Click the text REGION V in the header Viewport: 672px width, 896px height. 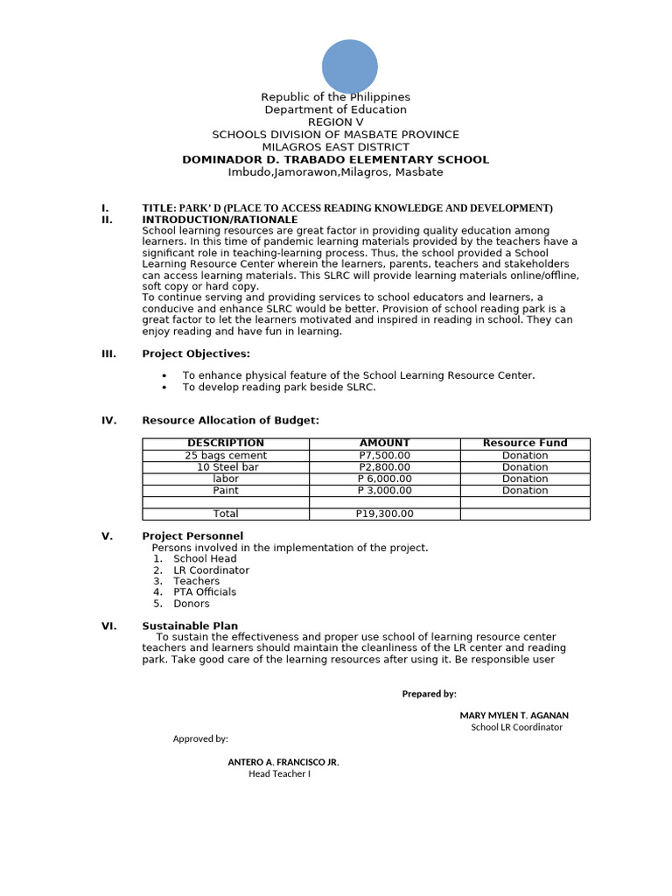[x=335, y=122]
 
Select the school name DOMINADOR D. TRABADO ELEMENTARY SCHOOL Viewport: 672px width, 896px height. [x=335, y=160]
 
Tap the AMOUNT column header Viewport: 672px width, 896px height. [x=384, y=444]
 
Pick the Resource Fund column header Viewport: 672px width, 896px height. [x=525, y=444]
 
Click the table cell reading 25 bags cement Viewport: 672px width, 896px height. [x=226, y=456]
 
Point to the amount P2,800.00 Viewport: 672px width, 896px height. [x=384, y=467]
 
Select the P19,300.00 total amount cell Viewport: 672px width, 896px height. [x=384, y=514]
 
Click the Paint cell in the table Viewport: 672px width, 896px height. [x=226, y=491]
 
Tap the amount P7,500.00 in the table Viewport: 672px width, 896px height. [x=384, y=456]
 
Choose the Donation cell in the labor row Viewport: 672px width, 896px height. [x=525, y=479]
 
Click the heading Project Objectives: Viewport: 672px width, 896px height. [x=196, y=353]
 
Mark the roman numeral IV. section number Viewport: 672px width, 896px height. [x=108, y=421]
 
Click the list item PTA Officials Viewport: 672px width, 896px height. [x=205, y=592]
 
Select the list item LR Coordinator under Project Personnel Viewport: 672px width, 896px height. [x=211, y=570]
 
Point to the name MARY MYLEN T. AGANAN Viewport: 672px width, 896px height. [x=514, y=716]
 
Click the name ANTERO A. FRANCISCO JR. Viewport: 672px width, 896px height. [x=283, y=762]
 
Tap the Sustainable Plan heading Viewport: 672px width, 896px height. [x=190, y=626]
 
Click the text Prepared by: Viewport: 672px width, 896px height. [x=429, y=694]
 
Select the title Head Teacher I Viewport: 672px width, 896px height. [x=279, y=773]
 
